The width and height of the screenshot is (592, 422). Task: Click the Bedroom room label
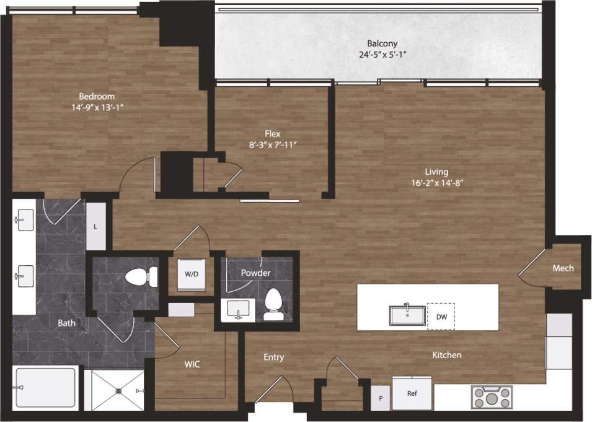click(x=97, y=96)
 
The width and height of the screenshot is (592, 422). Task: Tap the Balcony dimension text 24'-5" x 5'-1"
click(x=386, y=55)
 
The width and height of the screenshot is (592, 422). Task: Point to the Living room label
click(x=436, y=172)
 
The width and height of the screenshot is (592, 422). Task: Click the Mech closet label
click(x=563, y=268)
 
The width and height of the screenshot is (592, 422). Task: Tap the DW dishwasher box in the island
click(x=441, y=317)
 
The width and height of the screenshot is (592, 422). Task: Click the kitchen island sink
click(x=407, y=315)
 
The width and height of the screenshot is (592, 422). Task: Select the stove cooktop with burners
click(x=491, y=397)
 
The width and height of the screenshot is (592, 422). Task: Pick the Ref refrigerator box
click(x=412, y=393)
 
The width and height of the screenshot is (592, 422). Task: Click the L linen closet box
click(x=95, y=227)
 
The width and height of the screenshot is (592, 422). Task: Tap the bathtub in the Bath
click(x=46, y=388)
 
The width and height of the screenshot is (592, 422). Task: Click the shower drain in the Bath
click(x=118, y=390)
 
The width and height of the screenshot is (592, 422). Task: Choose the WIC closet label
click(x=192, y=365)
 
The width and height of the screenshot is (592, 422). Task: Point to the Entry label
click(x=273, y=357)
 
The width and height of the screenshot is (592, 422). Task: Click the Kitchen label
click(x=446, y=355)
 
